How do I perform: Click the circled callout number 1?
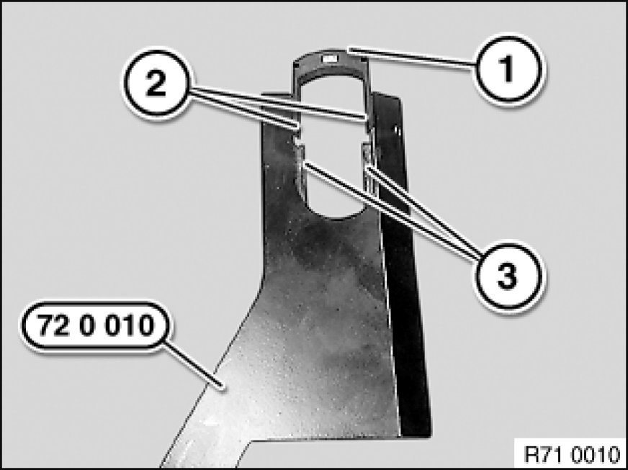pyautogui.click(x=508, y=69)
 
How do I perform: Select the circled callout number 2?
pyautogui.click(x=156, y=83)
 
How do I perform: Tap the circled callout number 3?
pyautogui.click(x=508, y=276)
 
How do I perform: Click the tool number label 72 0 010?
pyautogui.click(x=96, y=326)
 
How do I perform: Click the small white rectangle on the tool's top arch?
pyautogui.click(x=329, y=59)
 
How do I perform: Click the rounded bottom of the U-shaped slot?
pyautogui.click(x=336, y=212)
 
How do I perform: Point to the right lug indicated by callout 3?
pyautogui.click(x=367, y=157)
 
